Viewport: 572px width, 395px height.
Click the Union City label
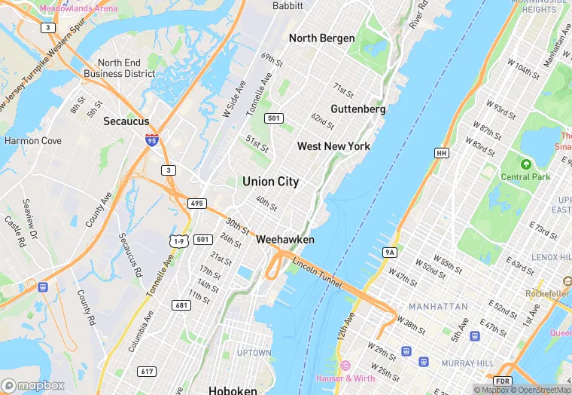coord(270,182)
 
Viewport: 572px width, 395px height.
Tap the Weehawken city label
coord(285,239)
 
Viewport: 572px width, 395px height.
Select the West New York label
coord(333,146)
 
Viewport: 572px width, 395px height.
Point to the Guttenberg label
coord(357,109)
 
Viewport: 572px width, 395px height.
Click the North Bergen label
coord(321,38)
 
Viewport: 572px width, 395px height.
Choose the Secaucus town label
coord(126,121)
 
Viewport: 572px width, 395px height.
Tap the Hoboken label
coord(233,390)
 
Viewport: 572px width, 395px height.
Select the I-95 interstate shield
coord(152,140)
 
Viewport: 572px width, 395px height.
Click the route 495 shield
coord(197,204)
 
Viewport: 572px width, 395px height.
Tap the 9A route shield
coord(389,252)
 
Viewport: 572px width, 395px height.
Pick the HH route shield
coord(442,153)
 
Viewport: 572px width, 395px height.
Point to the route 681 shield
coord(181,305)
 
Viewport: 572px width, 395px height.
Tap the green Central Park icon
coord(526,164)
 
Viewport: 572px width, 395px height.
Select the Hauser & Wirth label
coord(345,378)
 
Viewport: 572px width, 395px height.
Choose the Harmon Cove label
coord(33,140)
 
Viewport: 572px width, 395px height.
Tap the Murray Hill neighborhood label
coord(468,363)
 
